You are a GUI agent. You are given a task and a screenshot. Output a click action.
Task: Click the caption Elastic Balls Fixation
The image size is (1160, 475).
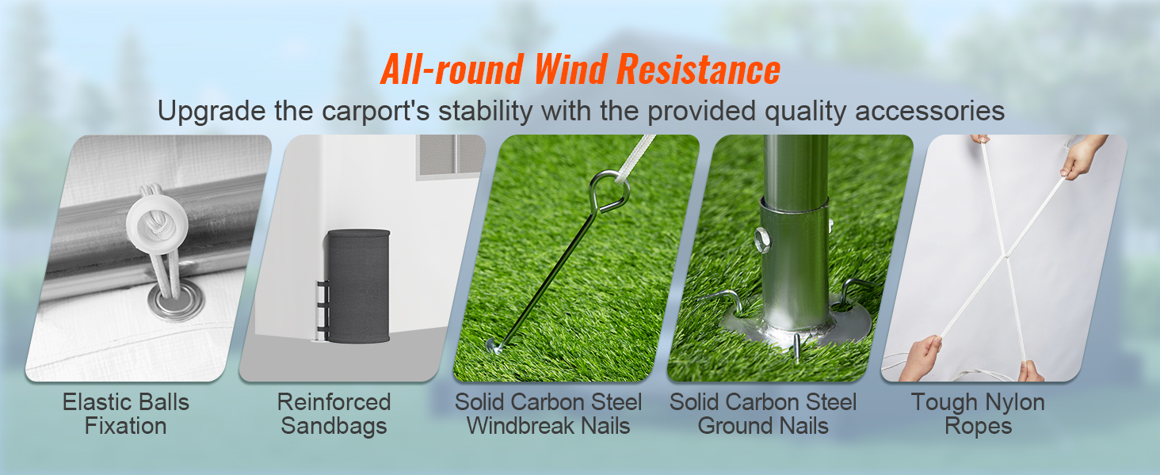[126, 413]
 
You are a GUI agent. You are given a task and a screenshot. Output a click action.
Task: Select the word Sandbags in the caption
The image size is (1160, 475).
[334, 426]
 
